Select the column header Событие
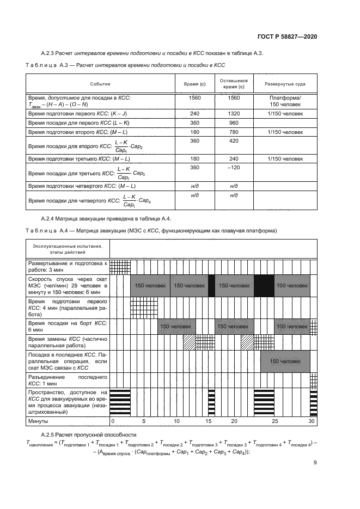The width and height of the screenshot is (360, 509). (100, 84)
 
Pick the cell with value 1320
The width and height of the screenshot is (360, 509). (234, 113)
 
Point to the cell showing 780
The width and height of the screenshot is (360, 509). (234, 132)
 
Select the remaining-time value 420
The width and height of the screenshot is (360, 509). (234, 140)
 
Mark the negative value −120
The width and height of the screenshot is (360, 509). (234, 168)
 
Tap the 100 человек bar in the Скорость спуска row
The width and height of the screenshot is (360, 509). (292, 285)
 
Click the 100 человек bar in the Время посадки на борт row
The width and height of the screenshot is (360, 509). (292, 326)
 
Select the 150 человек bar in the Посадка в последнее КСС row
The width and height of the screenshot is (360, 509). (285, 361)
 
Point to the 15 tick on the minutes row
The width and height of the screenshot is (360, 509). (208, 421)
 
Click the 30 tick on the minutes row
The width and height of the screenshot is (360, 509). (312, 421)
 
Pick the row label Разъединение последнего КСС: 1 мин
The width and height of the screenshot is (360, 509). (68, 379)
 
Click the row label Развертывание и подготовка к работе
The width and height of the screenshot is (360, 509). (68, 266)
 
